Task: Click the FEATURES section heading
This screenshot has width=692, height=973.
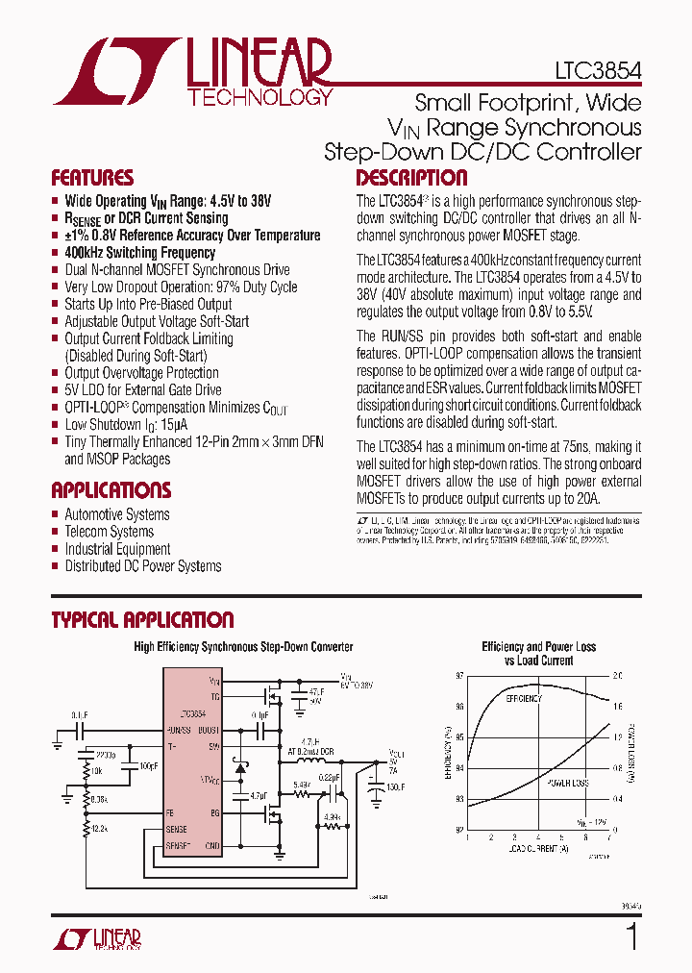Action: pyautogui.click(x=92, y=178)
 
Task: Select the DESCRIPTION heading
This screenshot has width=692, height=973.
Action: pyautogui.click(x=411, y=178)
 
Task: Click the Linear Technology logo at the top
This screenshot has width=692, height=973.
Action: pyautogui.click(x=192, y=72)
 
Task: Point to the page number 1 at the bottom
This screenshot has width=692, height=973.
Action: pyautogui.click(x=631, y=936)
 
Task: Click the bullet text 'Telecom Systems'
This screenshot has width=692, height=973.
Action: pyautogui.click(x=109, y=532)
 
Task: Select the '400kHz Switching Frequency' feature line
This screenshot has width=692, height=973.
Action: pyautogui.click(x=139, y=253)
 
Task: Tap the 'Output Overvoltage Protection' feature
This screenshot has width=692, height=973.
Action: pyautogui.click(x=141, y=373)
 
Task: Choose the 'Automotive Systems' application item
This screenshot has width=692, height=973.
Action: pyautogui.click(x=116, y=514)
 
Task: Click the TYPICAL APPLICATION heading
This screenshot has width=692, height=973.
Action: pyautogui.click(x=142, y=620)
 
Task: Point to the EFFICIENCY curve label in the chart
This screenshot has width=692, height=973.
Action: pyautogui.click(x=524, y=697)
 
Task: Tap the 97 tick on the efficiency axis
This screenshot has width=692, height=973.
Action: pyautogui.click(x=459, y=676)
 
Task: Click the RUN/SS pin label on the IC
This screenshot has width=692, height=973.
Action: pyautogui.click(x=192, y=731)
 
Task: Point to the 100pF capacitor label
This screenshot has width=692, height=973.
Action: pyautogui.click(x=148, y=765)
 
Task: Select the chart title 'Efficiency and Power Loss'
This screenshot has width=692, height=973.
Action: pyautogui.click(x=538, y=647)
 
